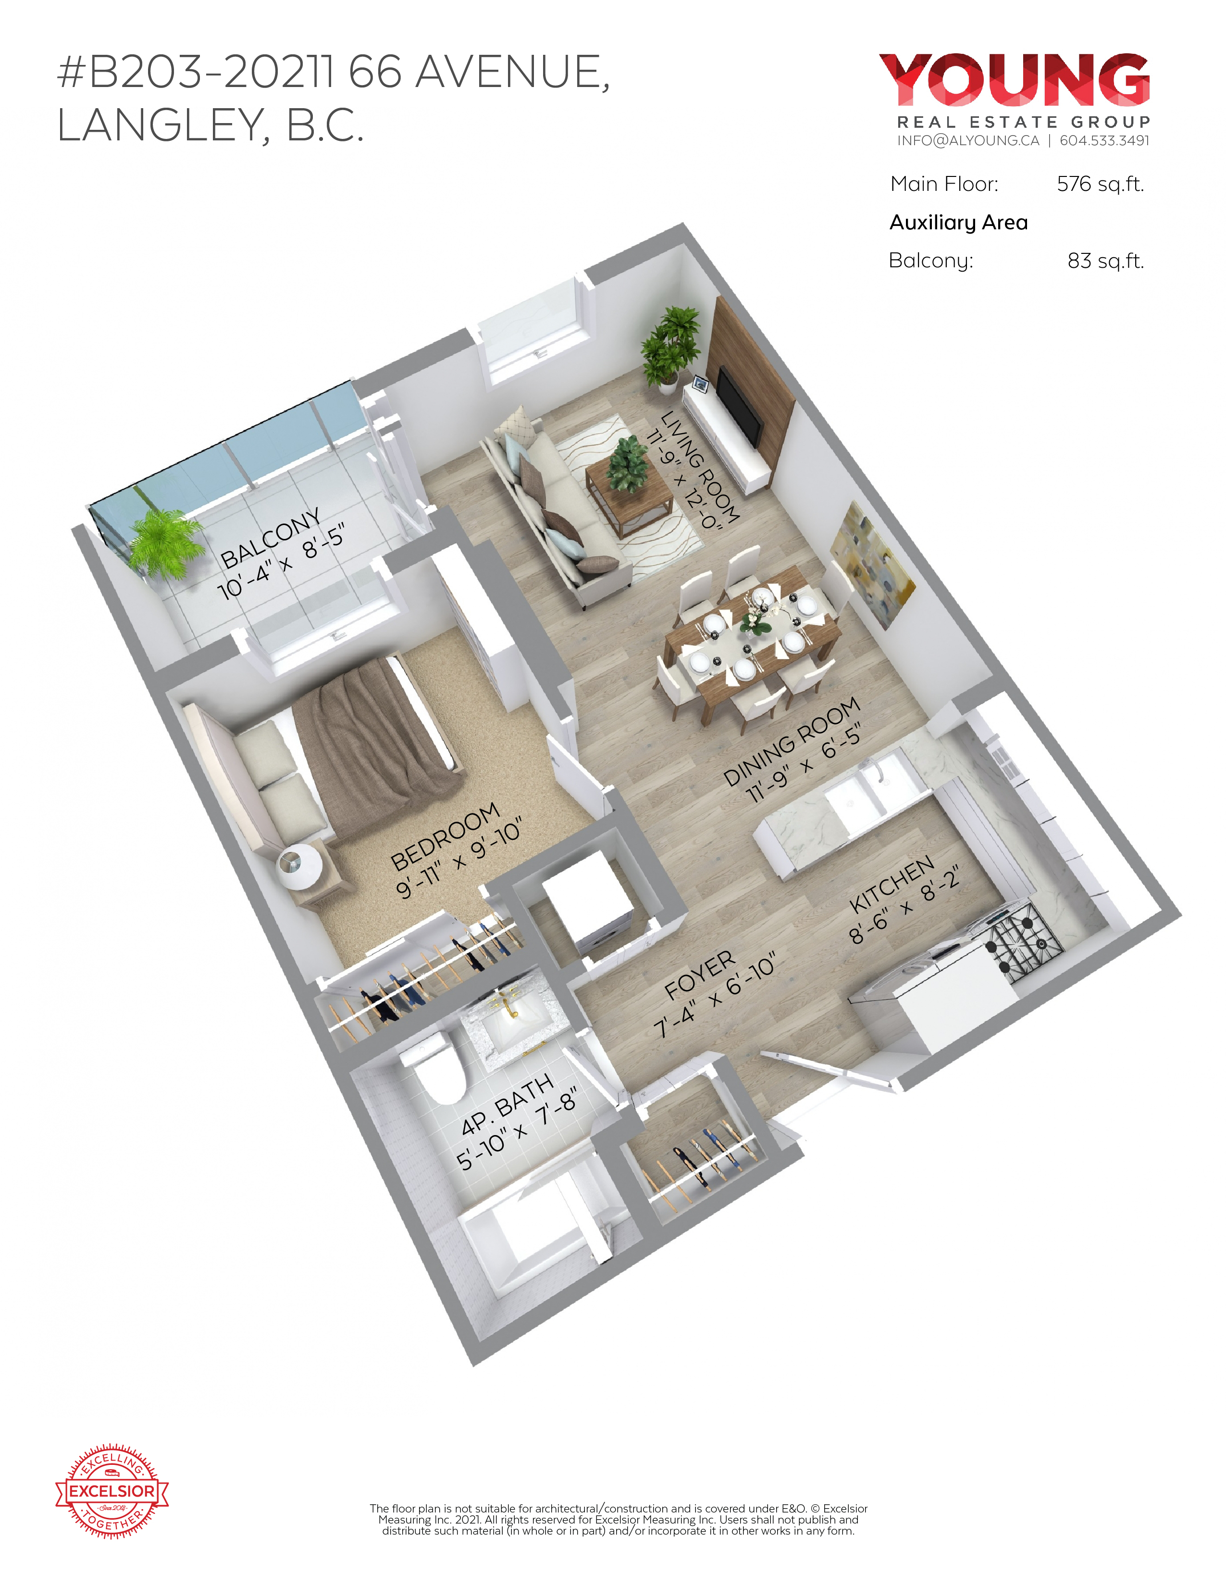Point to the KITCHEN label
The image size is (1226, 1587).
[892, 884]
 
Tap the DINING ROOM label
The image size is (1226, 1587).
[792, 741]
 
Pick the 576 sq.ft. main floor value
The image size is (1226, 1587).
[1100, 185]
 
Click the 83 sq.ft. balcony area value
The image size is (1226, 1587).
[1105, 261]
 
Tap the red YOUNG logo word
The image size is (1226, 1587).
[1015, 79]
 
